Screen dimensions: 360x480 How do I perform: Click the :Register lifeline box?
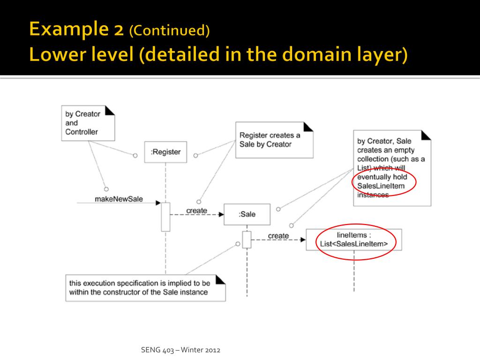(165, 152)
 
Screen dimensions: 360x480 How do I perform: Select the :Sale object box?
(247, 214)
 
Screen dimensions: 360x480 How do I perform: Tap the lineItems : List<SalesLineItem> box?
(354, 240)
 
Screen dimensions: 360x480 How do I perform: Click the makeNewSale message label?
(119, 199)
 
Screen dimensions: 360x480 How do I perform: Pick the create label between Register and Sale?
(196, 210)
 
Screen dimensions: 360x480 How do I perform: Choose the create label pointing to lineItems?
(278, 235)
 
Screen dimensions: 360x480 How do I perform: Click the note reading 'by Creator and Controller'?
(88, 123)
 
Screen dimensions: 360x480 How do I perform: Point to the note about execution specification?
(145, 287)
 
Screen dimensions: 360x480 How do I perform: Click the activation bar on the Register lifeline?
(165, 217)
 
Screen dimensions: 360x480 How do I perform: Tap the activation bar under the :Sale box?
(247, 240)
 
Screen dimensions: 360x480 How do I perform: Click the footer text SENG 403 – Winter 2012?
(180, 350)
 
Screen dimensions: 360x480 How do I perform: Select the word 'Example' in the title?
(65, 30)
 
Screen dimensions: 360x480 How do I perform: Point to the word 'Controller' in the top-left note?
(82, 132)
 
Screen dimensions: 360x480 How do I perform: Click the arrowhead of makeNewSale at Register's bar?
(158, 203)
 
